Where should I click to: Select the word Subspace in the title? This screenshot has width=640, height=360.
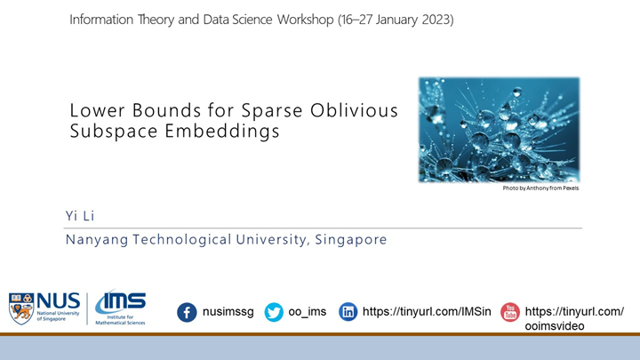click(104, 131)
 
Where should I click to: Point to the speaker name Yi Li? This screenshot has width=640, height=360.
click(79, 216)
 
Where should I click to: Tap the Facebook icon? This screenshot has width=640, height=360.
click(187, 313)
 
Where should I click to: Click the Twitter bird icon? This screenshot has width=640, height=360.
click(274, 313)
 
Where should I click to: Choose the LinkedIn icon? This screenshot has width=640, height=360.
click(349, 313)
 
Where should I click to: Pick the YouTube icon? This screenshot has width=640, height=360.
click(510, 312)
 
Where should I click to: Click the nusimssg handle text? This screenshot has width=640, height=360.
click(229, 313)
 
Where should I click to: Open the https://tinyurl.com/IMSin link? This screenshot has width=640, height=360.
click(427, 313)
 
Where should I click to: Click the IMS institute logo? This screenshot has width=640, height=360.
click(120, 308)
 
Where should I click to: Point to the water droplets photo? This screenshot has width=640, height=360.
click(499, 129)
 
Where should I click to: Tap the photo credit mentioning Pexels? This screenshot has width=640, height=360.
click(540, 188)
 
